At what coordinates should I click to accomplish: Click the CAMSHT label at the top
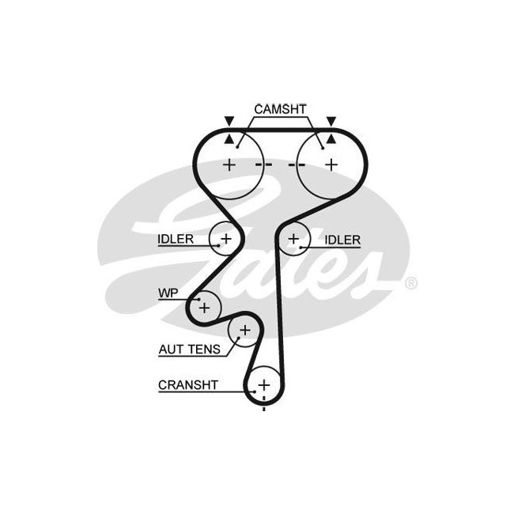pyautogui.click(x=279, y=108)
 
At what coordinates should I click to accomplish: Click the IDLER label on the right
pyautogui.click(x=342, y=240)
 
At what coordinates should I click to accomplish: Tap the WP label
pyautogui.click(x=167, y=293)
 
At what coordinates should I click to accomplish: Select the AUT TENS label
pyautogui.click(x=186, y=348)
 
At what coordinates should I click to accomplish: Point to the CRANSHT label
pyautogui.click(x=188, y=385)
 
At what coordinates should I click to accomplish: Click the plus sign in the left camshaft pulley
pyautogui.click(x=229, y=164)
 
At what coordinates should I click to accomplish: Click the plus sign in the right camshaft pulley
pyautogui.click(x=331, y=164)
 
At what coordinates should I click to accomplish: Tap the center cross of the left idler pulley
pyautogui.click(x=226, y=237)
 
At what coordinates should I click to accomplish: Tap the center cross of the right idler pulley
pyautogui.click(x=294, y=237)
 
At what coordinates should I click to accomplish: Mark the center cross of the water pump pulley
pyautogui.click(x=205, y=306)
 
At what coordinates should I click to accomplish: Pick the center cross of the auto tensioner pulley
pyautogui.click(x=244, y=330)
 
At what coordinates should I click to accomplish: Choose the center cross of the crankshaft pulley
pyautogui.click(x=263, y=385)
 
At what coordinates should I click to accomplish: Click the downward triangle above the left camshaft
pyautogui.click(x=229, y=121)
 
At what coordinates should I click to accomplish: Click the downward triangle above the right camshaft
pyautogui.click(x=331, y=121)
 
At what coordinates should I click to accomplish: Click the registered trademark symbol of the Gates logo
pyautogui.click(x=411, y=282)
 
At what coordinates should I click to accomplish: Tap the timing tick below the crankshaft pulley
pyautogui.click(x=263, y=408)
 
